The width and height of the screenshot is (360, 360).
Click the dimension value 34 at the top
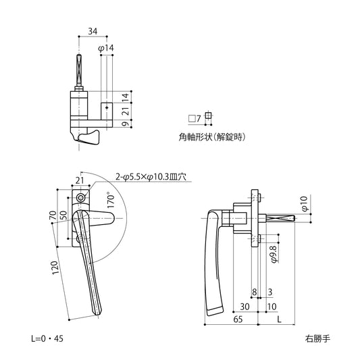tap(92, 30)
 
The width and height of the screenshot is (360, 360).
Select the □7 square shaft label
tap(195, 118)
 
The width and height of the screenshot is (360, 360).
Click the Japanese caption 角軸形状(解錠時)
tap(211, 136)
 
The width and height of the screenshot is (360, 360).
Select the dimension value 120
tap(56, 269)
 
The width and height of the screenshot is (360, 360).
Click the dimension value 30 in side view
tap(243, 307)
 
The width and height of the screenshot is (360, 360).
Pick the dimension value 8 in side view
tap(254, 292)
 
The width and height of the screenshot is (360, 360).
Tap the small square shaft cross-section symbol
tap(208, 115)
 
